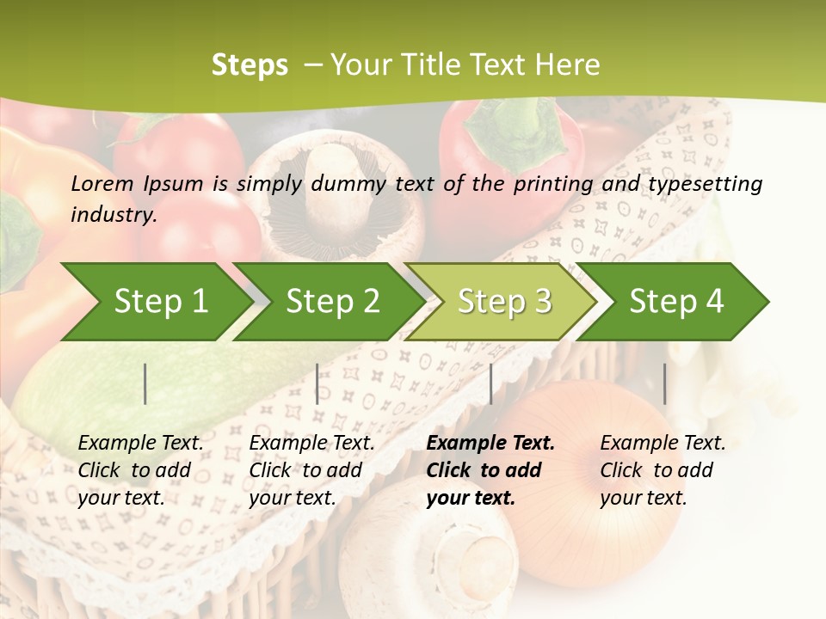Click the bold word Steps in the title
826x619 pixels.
[x=250, y=64]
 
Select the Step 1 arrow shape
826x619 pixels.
[x=155, y=302]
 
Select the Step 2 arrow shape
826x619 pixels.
[x=331, y=302]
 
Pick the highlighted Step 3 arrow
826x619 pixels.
[x=503, y=302]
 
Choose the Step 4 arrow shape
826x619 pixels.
[x=675, y=302]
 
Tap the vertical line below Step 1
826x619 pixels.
[x=145, y=383]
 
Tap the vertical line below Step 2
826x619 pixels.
[x=317, y=383]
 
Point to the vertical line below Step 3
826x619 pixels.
[x=491, y=383]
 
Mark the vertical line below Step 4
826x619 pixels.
[x=665, y=383]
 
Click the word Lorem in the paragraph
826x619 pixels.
[x=102, y=183]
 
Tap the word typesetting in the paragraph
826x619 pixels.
[x=711, y=183]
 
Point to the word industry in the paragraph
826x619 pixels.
[x=113, y=214]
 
